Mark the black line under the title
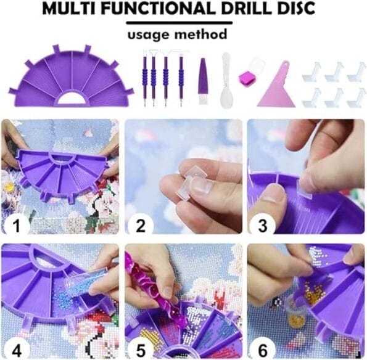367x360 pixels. (x=179, y=22)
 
